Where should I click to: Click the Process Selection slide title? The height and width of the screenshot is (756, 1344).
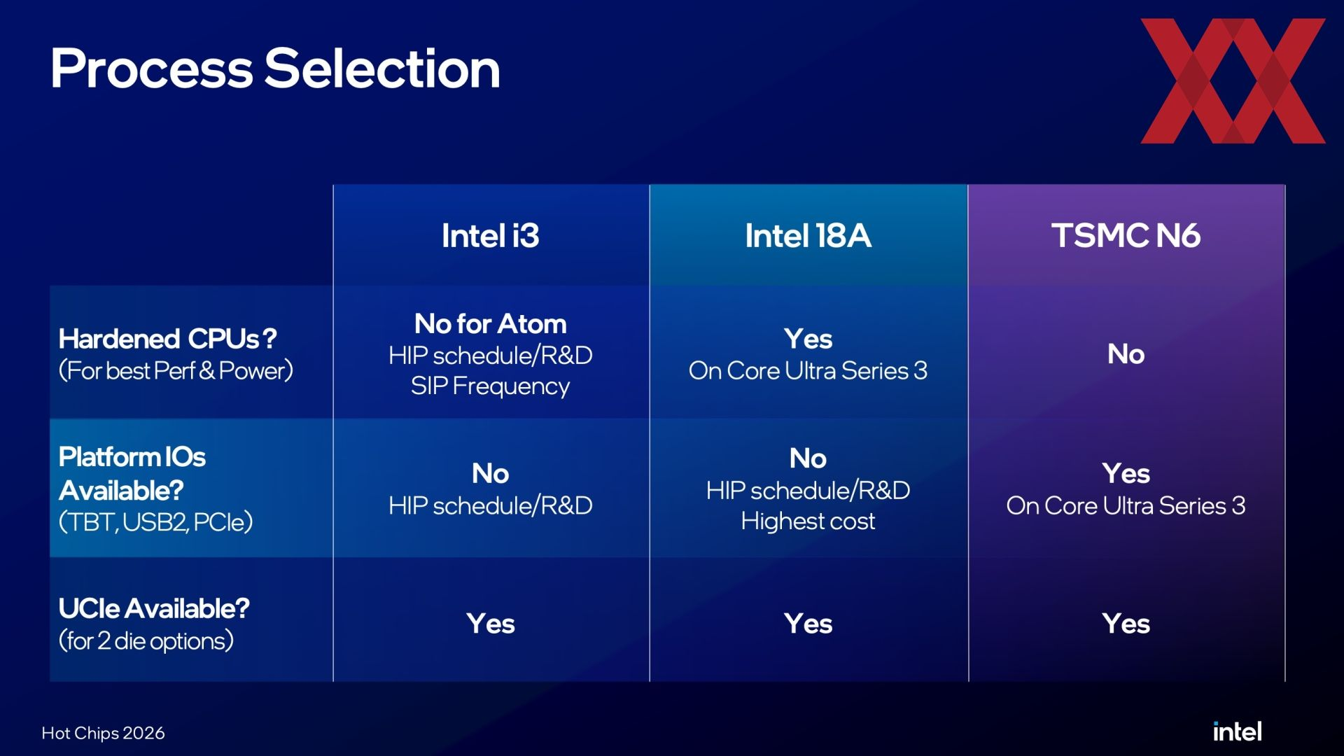pyautogui.click(x=275, y=69)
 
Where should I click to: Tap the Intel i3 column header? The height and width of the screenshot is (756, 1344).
pyautogui.click(x=491, y=236)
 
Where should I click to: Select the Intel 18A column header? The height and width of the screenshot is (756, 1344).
pyautogui.click(x=808, y=236)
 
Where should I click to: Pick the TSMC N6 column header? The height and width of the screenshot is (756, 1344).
pyautogui.click(x=1126, y=236)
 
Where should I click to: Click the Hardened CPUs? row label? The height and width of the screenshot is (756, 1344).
pyautogui.click(x=167, y=339)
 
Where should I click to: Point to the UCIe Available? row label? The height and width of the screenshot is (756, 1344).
pyautogui.click(x=154, y=609)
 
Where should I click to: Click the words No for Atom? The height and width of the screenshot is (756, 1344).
pyautogui.click(x=491, y=324)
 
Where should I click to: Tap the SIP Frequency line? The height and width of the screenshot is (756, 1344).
pyautogui.click(x=490, y=386)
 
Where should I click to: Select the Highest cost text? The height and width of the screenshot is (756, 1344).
pyautogui.click(x=808, y=521)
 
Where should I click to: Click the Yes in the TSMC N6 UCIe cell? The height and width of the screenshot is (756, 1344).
pyautogui.click(x=1126, y=624)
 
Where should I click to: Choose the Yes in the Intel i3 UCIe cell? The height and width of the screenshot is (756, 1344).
pyautogui.click(x=491, y=624)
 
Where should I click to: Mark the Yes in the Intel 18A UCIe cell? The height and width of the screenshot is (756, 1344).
pyautogui.click(x=808, y=624)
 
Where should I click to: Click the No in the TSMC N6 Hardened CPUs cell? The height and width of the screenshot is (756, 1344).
pyautogui.click(x=1126, y=354)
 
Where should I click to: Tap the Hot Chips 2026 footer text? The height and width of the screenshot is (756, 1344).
pyautogui.click(x=103, y=733)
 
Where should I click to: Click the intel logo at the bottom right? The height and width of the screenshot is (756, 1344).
pyautogui.click(x=1237, y=731)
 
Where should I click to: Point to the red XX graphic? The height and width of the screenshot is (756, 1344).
pyautogui.click(x=1233, y=81)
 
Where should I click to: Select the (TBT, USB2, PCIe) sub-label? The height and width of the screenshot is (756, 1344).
pyautogui.click(x=155, y=522)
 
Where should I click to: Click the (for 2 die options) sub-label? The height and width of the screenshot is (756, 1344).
pyautogui.click(x=146, y=641)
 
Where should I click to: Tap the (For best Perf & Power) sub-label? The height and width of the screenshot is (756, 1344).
pyautogui.click(x=176, y=371)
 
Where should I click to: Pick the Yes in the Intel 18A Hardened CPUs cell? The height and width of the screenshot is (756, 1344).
pyautogui.click(x=808, y=339)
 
